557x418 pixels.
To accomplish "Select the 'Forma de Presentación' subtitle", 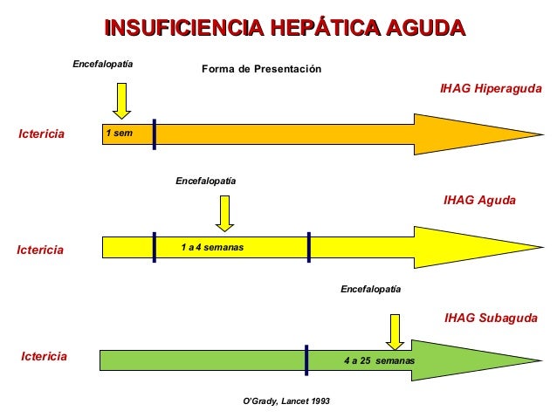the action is [262, 69].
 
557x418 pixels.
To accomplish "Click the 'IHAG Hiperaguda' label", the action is [490, 89].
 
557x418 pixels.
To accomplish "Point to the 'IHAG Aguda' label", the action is [479, 200].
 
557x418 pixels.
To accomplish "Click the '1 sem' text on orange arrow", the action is [117, 134].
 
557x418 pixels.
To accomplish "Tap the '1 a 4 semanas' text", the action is [212, 248].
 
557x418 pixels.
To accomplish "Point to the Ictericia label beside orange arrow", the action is [42, 134].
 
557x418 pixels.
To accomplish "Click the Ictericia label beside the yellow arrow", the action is [41, 250].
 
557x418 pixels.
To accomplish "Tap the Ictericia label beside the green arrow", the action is [44, 356].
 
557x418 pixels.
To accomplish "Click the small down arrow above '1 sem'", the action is [121, 99].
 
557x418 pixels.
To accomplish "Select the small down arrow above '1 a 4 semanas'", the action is [225, 212].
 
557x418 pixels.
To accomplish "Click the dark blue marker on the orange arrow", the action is [154, 134].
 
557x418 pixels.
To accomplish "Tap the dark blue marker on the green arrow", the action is [306, 360].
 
